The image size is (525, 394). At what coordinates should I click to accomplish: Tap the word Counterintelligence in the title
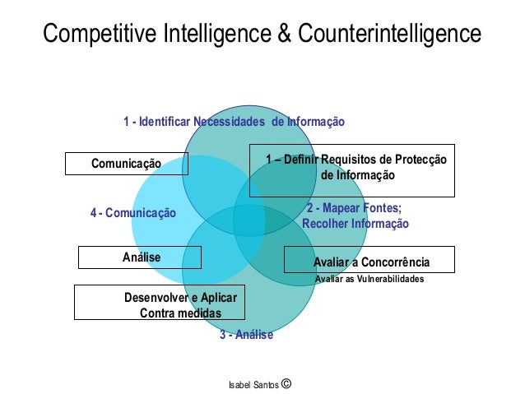tap(389, 35)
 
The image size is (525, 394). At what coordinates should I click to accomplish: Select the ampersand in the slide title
tap(282, 35)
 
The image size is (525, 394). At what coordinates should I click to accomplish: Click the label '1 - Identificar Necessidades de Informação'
tap(234, 122)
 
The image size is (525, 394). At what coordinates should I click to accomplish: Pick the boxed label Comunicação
tap(127, 164)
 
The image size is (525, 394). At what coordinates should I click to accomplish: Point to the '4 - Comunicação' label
tap(133, 213)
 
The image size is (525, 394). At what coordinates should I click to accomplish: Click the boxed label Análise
tap(141, 257)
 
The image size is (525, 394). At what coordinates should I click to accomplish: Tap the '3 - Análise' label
tap(245, 335)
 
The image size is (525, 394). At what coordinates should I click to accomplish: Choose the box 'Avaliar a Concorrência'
tap(369, 262)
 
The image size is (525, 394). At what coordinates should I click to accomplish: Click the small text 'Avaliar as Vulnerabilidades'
tap(369, 280)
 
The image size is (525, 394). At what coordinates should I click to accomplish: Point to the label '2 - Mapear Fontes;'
tap(354, 208)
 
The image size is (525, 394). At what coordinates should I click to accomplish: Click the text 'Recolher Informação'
tap(355, 223)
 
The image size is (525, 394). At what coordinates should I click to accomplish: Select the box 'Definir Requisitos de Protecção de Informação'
tap(352, 169)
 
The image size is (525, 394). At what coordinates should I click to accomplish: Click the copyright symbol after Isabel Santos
tap(286, 382)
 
